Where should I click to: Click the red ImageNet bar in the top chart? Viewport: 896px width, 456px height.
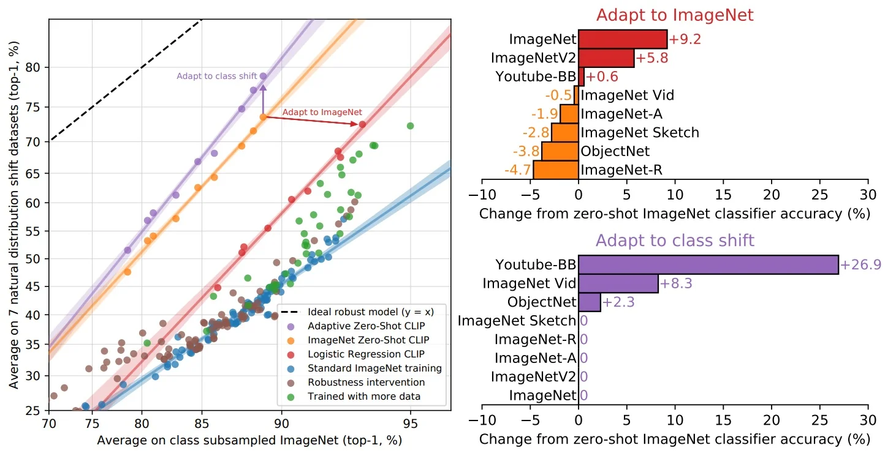622,39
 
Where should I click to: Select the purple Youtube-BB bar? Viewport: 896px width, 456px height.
708,264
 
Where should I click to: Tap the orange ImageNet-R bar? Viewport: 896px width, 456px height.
555,170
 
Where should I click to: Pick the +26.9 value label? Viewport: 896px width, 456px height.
860,264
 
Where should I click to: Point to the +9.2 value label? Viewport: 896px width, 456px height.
684,40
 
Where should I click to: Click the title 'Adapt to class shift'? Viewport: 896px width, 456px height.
675,240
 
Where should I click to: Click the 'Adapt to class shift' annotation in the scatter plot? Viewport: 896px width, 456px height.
217,76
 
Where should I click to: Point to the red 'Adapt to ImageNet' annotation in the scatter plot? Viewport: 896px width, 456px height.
322,113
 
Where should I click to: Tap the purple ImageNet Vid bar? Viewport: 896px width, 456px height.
618,283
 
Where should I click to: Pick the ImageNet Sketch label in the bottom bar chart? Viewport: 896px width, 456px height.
517,321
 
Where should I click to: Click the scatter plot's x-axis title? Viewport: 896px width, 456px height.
249,441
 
